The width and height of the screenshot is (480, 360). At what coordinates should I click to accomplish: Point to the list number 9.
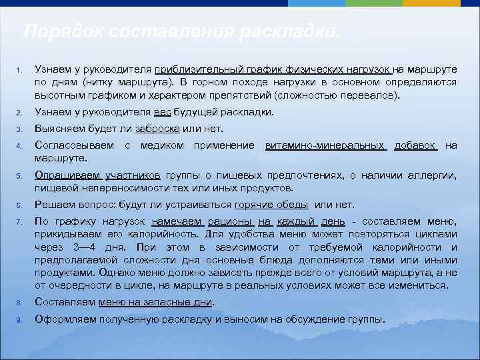[x=20, y=320]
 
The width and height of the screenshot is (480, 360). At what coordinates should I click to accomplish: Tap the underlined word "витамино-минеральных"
[x=325, y=145]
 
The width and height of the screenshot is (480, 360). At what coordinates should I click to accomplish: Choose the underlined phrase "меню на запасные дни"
[x=155, y=302]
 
